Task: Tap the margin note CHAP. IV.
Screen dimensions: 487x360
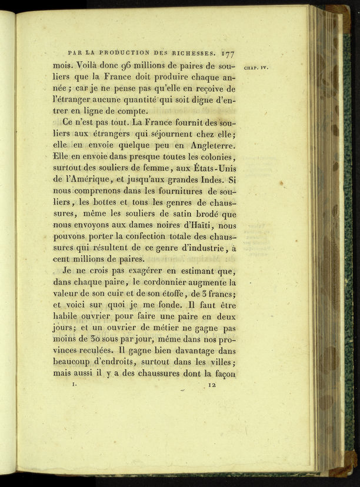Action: point(255,68)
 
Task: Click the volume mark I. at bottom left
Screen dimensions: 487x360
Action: point(74,385)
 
